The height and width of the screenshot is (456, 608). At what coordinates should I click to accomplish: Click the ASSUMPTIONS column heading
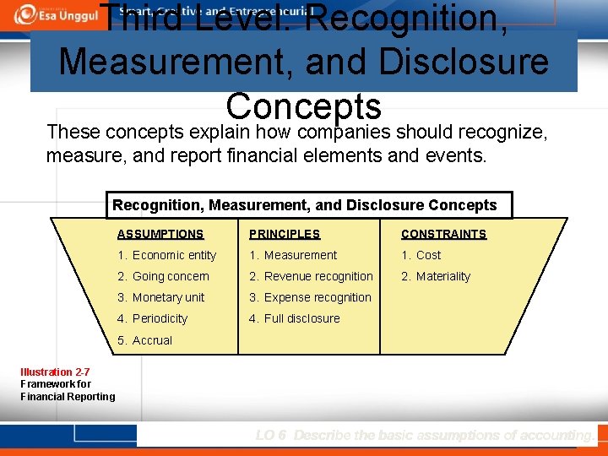point(160,234)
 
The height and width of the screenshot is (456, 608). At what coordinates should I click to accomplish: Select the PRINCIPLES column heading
point(285,234)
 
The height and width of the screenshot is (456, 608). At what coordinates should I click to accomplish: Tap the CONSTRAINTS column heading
point(443,234)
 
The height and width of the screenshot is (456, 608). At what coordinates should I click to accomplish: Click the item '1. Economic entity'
point(167,255)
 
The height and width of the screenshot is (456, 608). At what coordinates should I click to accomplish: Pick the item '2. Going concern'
point(163,276)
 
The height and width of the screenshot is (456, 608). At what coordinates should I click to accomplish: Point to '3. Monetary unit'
point(161,297)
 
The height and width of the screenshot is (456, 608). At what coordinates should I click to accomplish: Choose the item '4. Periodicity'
point(152,318)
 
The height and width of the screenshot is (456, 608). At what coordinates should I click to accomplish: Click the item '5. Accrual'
point(144,340)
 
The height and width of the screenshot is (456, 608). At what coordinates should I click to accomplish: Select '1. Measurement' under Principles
point(293,255)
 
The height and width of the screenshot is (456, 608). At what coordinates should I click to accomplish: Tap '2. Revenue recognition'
point(311,276)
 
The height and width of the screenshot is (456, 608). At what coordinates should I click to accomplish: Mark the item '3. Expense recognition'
point(310,297)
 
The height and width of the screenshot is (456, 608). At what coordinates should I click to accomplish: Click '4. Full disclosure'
point(294,318)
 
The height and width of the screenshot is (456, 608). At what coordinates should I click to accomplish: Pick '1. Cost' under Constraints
point(421,255)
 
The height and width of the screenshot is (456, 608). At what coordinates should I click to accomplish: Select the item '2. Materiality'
point(436,276)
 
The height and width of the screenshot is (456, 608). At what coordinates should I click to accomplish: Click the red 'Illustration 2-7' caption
point(56,372)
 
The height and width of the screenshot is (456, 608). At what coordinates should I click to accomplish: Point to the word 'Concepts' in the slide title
point(304,106)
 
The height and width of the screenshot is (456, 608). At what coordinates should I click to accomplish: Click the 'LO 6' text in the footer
point(271,435)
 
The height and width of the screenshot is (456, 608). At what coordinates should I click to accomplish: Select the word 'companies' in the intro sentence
point(345,133)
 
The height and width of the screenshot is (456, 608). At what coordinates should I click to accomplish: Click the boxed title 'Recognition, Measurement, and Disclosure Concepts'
point(305,205)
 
